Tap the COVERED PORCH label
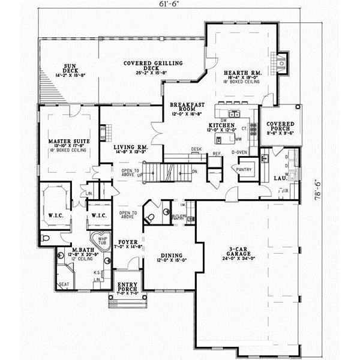[x=281, y=128]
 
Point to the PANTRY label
[x=244, y=170]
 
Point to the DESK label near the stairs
[x=196, y=149]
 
